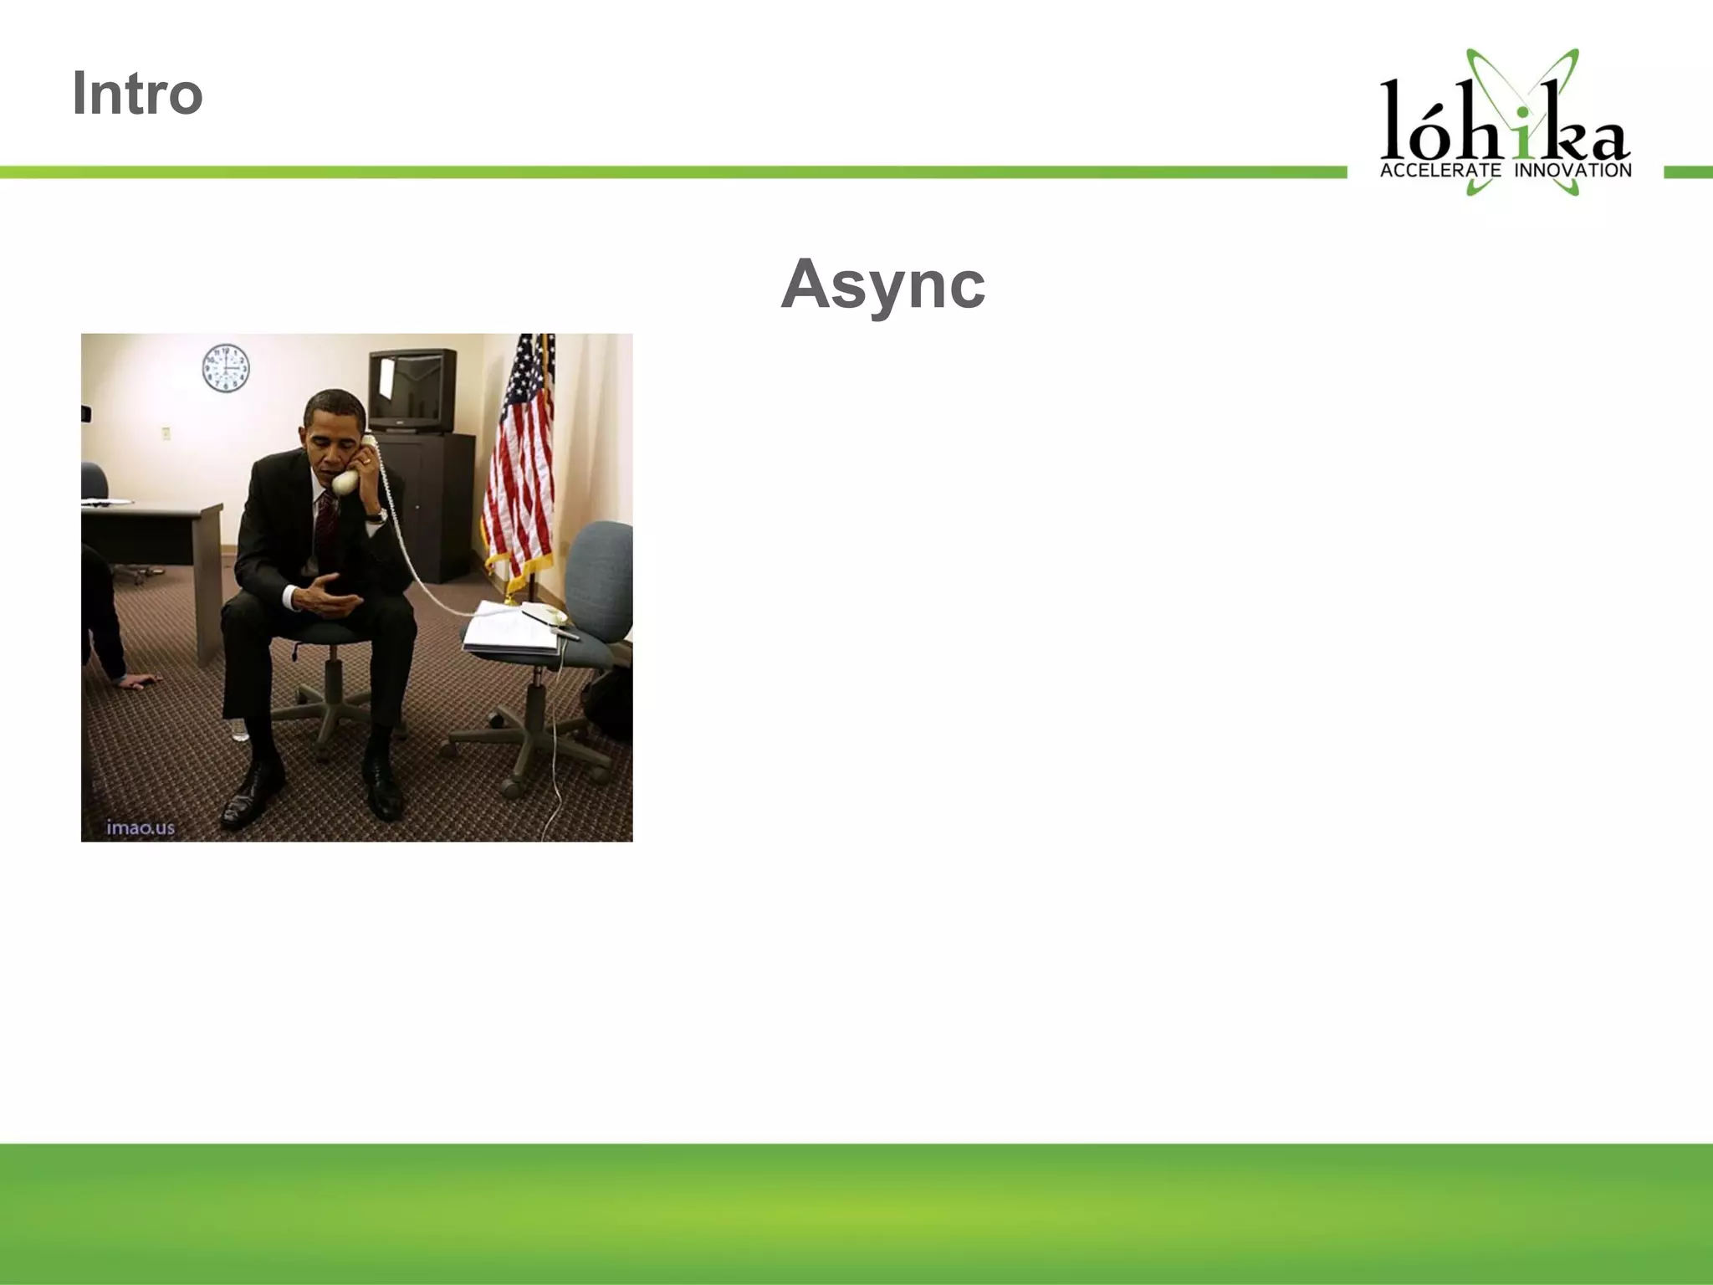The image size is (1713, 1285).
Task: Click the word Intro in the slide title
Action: click(x=137, y=93)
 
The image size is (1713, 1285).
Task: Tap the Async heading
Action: click(x=882, y=284)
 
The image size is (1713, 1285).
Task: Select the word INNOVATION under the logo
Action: click(x=1572, y=171)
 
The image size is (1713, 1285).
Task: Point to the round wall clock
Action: click(x=226, y=368)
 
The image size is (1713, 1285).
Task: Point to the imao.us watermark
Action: click(x=141, y=827)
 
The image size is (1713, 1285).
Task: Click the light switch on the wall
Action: click(x=166, y=433)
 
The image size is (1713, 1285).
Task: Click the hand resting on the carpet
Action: click(x=138, y=682)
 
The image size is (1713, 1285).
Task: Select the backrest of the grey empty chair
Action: click(x=601, y=577)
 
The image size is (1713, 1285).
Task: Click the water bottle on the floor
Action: click(x=240, y=730)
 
